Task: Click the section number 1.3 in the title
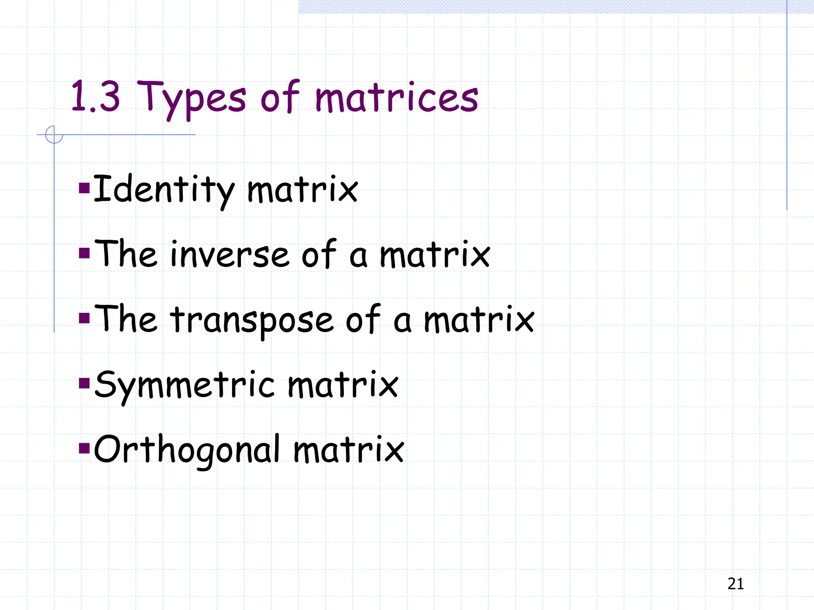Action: point(95,96)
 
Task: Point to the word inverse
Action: point(229,255)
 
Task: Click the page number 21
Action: point(735,584)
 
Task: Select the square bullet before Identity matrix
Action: point(84,187)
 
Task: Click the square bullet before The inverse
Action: point(84,253)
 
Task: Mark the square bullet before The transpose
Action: point(84,318)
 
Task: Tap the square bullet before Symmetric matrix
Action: point(84,383)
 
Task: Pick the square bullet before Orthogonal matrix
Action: point(84,448)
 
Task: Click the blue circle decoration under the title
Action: point(54,135)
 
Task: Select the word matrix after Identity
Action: point(302,190)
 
